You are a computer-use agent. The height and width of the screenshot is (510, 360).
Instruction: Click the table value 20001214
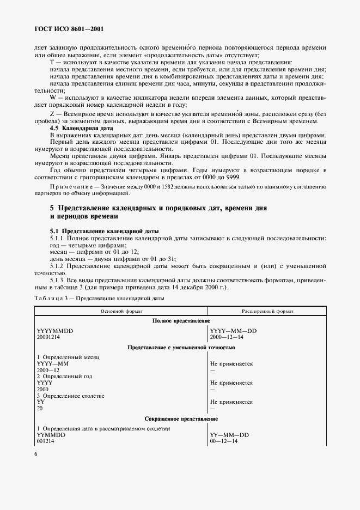click(x=50, y=337)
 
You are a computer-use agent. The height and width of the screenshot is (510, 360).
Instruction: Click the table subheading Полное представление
click(x=181, y=321)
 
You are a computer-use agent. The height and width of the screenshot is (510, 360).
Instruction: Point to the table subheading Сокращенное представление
click(x=181, y=418)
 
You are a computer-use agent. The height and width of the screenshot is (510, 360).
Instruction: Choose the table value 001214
click(x=46, y=442)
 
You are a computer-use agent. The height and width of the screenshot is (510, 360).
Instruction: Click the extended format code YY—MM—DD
click(x=229, y=435)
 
